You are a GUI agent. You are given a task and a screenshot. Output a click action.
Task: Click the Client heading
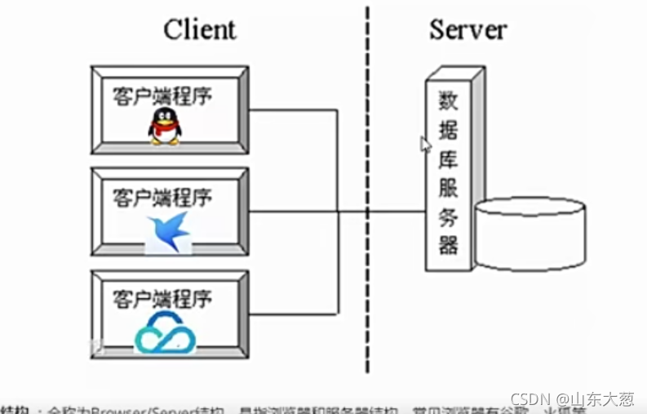(x=200, y=30)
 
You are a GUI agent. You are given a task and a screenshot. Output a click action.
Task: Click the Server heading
(x=468, y=30)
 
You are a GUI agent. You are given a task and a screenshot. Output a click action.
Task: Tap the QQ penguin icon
(x=165, y=127)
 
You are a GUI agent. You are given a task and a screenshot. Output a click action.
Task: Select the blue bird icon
(x=169, y=231)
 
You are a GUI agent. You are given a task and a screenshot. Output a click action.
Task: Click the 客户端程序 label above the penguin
(x=162, y=95)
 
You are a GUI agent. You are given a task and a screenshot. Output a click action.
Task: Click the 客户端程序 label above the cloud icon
(x=162, y=298)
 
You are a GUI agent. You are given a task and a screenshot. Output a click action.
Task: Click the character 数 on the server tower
(x=448, y=100)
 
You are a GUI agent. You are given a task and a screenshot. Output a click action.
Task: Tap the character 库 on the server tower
(x=448, y=158)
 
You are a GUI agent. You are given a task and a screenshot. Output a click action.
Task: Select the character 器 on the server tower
(x=448, y=244)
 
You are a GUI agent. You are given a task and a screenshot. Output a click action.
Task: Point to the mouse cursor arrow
(x=425, y=145)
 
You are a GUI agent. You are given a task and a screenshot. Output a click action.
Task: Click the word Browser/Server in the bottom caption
(x=122, y=408)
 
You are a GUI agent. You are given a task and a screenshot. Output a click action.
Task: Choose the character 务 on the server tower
(x=448, y=216)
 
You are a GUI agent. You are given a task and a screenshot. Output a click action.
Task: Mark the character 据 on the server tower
(x=448, y=129)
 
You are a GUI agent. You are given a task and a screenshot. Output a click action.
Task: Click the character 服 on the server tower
(x=448, y=187)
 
